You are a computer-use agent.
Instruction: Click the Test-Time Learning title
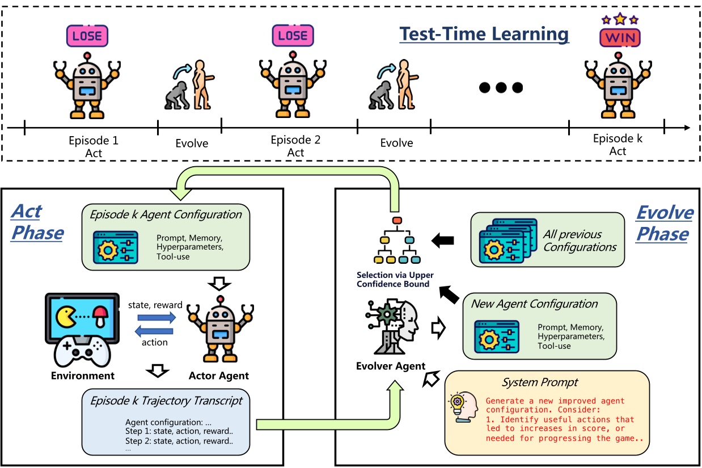(x=484, y=34)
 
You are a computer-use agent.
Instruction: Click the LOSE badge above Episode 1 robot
(x=87, y=36)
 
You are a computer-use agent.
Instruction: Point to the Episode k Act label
(x=618, y=145)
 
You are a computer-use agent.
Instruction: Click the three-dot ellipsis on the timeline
(x=501, y=87)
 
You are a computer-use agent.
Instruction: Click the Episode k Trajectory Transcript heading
(x=166, y=400)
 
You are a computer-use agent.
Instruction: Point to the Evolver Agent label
(x=391, y=366)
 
